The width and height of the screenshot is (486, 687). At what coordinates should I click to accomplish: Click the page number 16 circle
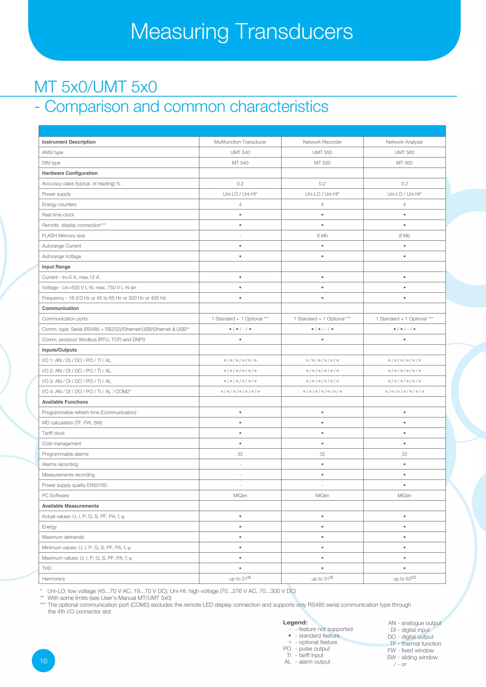pyautogui.click(x=43, y=661)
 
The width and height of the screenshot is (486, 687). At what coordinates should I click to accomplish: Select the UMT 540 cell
pyautogui.click(x=240, y=152)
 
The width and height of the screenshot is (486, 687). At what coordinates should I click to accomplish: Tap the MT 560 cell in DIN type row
pyautogui.click(x=404, y=163)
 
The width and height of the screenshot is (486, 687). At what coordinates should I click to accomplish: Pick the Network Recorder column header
pyautogui.click(x=322, y=142)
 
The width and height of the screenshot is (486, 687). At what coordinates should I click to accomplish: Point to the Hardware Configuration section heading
pyautogui.click(x=70, y=173)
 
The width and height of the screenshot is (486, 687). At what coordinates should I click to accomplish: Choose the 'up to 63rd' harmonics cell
pyautogui.click(x=404, y=578)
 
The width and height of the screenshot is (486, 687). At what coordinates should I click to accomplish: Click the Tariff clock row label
pyautogui.click(x=53, y=433)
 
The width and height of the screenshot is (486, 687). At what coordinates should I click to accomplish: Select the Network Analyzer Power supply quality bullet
pyautogui.click(x=404, y=485)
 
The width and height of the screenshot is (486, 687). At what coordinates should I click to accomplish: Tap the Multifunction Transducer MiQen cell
pyautogui.click(x=240, y=495)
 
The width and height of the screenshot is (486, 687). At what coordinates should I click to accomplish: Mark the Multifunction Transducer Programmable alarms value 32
pyautogui.click(x=240, y=454)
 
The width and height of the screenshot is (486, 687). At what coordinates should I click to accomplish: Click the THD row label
pyautogui.click(x=47, y=568)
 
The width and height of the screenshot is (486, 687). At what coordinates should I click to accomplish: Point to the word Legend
pyautogui.click(x=295, y=622)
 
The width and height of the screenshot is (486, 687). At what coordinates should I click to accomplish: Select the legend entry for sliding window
pyautogui.click(x=412, y=657)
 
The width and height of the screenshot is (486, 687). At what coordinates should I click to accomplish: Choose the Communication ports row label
pyautogui.click(x=65, y=319)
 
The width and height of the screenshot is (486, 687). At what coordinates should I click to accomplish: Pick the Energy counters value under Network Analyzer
pyautogui.click(x=404, y=204)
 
